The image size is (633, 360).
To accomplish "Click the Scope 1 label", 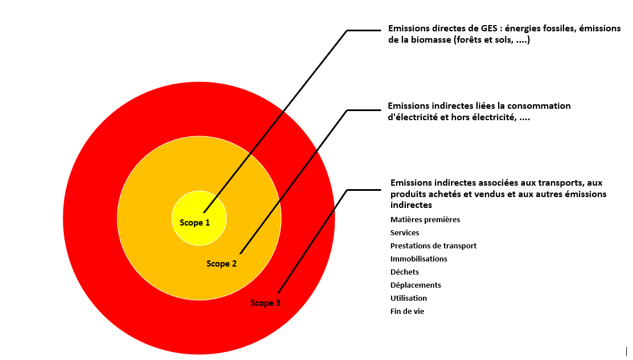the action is point(195,223).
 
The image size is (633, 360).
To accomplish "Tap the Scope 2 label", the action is point(221,263).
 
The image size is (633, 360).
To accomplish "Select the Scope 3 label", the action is point(265,303).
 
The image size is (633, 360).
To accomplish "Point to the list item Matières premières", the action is point(425,219).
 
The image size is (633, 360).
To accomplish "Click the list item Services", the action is point(405,233).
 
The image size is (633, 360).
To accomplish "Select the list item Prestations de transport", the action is point(433,246).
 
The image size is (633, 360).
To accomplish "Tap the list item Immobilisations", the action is point(418,259).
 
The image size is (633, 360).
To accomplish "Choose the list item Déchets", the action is point(405,272).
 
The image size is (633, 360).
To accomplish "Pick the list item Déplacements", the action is point(416,285).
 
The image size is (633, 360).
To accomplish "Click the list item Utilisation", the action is point(409,298).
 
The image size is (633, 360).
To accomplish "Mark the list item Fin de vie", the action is point(407,311).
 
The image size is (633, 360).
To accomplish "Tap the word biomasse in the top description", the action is point(431,40).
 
